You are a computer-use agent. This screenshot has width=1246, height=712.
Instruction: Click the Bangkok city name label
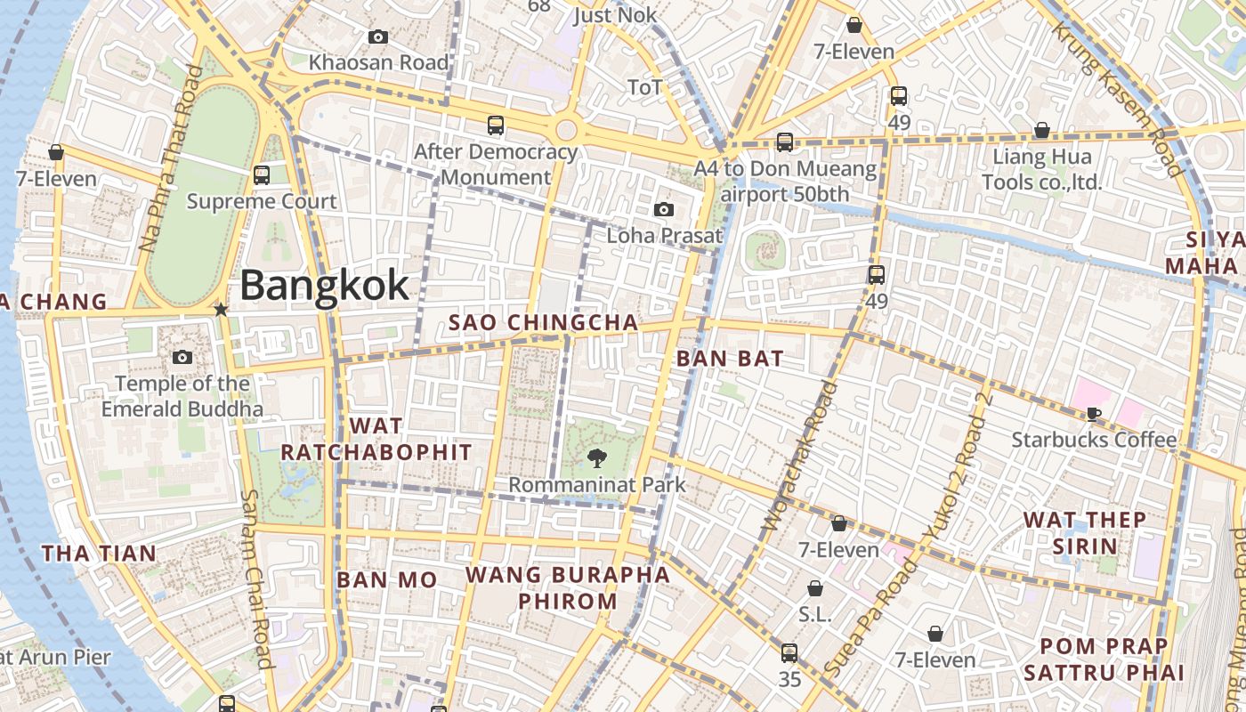tap(325, 286)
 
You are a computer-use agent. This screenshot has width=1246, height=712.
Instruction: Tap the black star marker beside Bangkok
tap(221, 310)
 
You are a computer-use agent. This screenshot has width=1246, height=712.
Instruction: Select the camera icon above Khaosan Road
tap(378, 37)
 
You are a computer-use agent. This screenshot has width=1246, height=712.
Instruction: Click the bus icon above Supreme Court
tap(262, 175)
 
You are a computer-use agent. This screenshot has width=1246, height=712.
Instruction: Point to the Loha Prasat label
tap(664, 236)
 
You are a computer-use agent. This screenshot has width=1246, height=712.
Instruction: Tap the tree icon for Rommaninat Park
tap(596, 459)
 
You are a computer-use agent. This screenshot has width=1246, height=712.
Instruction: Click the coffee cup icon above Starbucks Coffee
tap(1094, 414)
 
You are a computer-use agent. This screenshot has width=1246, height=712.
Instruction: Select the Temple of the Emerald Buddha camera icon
tap(182, 358)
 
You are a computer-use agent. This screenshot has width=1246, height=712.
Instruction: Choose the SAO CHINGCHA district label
tap(543, 322)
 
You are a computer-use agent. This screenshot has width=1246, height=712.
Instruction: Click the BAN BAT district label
tap(730, 359)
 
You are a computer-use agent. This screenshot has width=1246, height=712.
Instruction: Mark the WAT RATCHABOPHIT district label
tap(376, 439)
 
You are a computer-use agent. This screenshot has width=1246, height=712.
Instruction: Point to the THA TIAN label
tap(99, 554)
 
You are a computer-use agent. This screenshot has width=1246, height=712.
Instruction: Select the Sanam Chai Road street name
tap(256, 578)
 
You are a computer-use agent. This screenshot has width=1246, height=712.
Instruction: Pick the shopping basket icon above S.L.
tap(814, 589)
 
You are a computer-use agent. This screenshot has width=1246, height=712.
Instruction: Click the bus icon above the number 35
tap(789, 653)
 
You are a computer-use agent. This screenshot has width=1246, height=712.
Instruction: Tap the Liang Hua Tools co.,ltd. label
tap(1041, 170)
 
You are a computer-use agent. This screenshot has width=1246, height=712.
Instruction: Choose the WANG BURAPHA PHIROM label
tap(568, 587)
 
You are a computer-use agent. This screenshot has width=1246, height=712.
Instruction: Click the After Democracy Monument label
tap(496, 164)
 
